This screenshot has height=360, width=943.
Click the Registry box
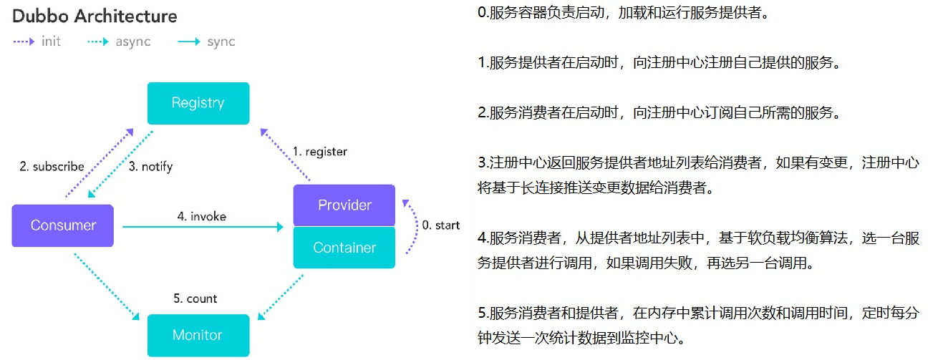198,103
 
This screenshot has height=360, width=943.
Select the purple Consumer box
63,225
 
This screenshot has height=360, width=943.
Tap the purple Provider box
344,205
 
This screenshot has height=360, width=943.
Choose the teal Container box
344,248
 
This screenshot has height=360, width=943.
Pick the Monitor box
198,335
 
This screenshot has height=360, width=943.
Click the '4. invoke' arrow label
203,215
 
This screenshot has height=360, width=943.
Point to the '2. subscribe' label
52,167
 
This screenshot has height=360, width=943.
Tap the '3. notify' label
151,167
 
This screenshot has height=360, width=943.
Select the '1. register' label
319,152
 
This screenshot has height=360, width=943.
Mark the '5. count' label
195,298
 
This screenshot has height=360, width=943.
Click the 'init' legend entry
51,42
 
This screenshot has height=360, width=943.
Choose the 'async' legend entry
132,42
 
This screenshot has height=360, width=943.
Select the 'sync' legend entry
221,42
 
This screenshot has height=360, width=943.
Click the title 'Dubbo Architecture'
95,16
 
